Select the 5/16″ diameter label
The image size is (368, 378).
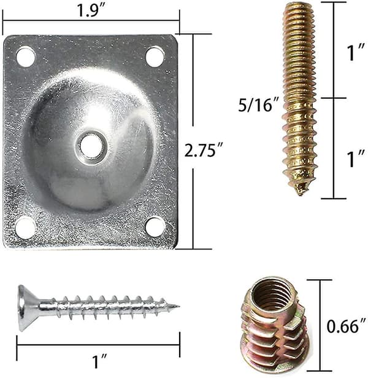pos(259,104)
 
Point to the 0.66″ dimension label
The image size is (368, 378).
pos(347,326)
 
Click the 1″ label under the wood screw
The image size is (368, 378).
pos(99,361)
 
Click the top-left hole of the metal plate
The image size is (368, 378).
pos(26,57)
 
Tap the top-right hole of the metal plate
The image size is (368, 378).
pos(155,57)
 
